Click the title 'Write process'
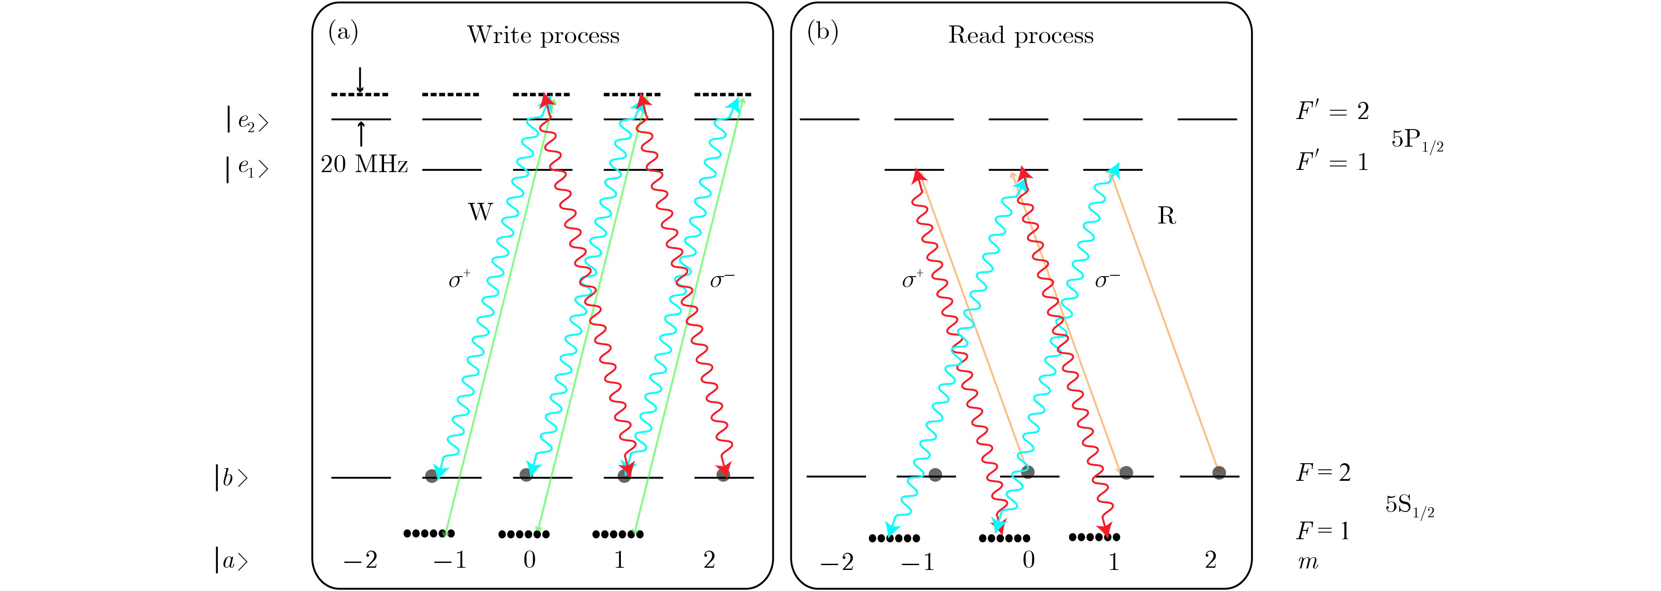[x=543, y=36]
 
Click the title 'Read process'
[x=1021, y=36]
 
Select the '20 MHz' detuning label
[x=364, y=164]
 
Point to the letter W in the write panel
[x=480, y=212]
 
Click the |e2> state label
[x=247, y=120]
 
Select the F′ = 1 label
[x=1332, y=161]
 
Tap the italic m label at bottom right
[x=1308, y=562]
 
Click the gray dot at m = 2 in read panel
[x=1219, y=472]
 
